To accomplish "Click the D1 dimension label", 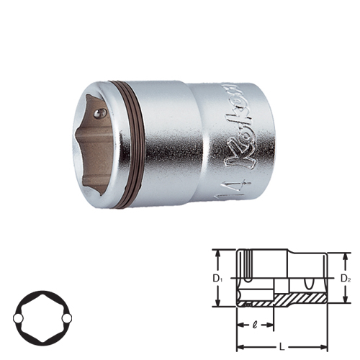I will [217, 278].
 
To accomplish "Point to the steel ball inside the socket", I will [102, 112].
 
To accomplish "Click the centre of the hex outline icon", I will [43, 317].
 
